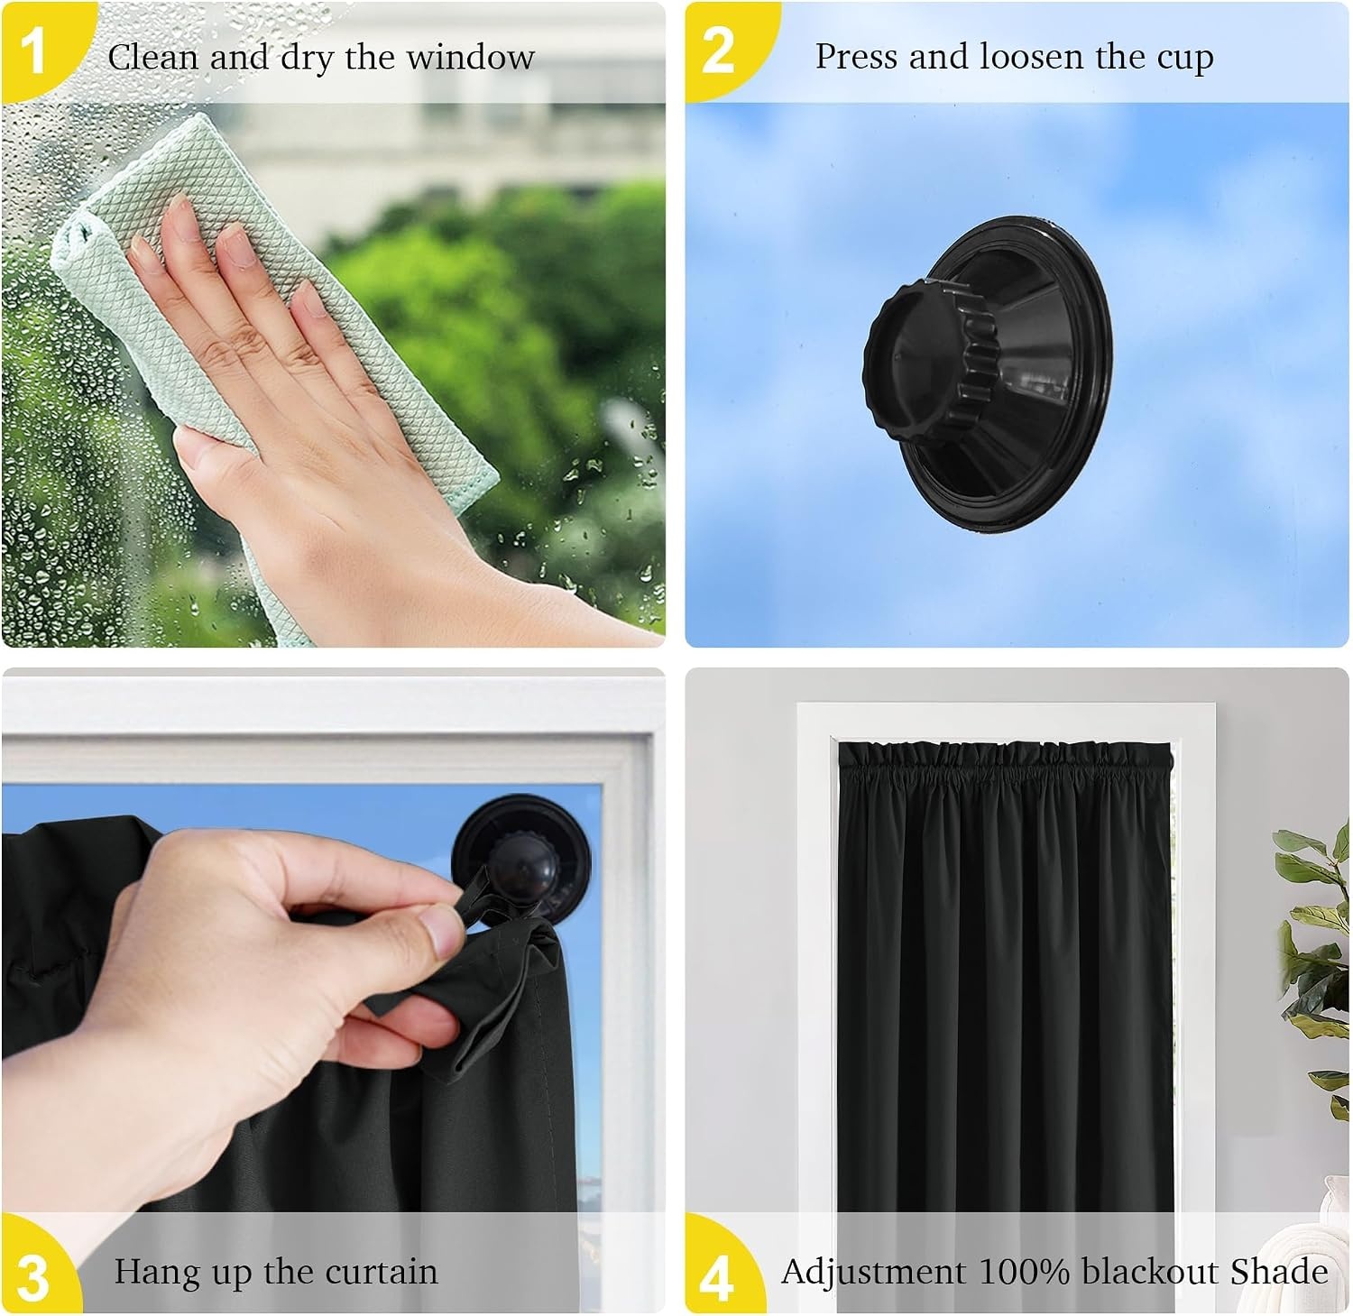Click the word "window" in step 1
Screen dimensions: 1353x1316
pos(470,58)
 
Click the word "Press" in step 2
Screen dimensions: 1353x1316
pos(858,57)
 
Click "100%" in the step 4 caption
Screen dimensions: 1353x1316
pos(1026,1272)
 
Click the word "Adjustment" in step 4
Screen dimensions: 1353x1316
pos(874,1273)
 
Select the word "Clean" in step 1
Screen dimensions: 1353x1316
pos(153,58)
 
